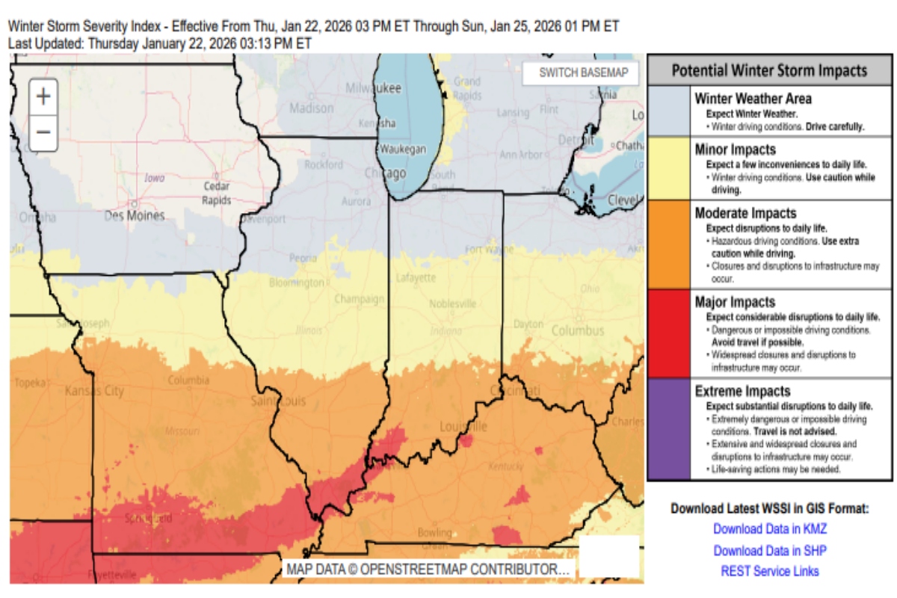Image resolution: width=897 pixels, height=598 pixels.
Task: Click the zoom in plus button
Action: point(43,96)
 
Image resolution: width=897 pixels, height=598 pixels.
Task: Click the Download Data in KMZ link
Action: point(770,528)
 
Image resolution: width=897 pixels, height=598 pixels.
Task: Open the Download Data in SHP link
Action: point(770,550)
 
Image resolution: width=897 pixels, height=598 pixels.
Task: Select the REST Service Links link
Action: point(770,571)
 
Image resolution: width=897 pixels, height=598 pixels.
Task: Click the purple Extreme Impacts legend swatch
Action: point(669,429)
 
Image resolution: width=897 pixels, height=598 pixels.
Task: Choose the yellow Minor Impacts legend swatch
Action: point(669,167)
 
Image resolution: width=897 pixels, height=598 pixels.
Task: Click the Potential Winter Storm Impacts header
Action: point(769,70)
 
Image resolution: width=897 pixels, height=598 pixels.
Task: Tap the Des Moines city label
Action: point(135,216)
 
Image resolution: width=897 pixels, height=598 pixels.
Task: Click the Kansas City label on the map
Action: point(94,391)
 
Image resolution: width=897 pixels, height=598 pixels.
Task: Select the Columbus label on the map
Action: point(578,330)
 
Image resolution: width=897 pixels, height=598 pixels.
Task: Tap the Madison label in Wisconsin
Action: point(311,108)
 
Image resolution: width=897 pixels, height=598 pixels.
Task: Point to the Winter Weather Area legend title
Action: point(753,98)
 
